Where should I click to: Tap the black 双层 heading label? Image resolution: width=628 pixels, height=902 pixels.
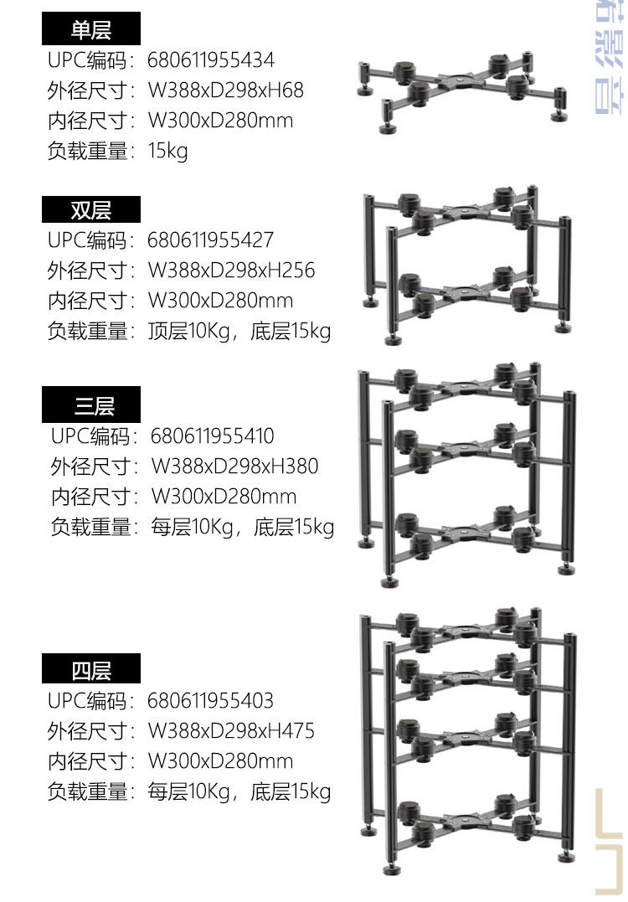91,209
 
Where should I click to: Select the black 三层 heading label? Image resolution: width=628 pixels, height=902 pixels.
91,406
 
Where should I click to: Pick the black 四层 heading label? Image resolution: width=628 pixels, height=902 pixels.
91,670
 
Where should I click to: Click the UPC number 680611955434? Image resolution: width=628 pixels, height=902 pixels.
211,60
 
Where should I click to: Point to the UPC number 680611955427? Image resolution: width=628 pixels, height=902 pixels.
211,240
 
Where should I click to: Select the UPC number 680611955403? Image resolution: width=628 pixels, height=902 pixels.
211,701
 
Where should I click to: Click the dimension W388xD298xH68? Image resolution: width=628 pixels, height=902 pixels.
226,90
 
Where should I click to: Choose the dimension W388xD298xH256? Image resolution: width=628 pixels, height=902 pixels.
232,271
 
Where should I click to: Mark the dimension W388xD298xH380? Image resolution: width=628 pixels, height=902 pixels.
235,466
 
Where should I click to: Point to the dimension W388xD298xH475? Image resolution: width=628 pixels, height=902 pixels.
232,731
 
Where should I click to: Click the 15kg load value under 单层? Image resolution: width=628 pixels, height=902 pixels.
167,152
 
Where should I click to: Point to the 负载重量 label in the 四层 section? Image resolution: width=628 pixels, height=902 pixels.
90,791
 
